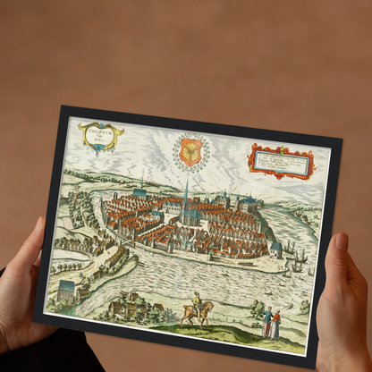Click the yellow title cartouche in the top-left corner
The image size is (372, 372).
(100, 135)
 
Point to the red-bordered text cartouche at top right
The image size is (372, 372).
(281, 162)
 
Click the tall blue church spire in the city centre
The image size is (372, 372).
(185, 197)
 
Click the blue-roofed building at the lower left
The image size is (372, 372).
(66, 291)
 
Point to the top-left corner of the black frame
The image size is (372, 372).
(63, 109)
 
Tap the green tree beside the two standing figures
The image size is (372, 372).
(257, 309)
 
